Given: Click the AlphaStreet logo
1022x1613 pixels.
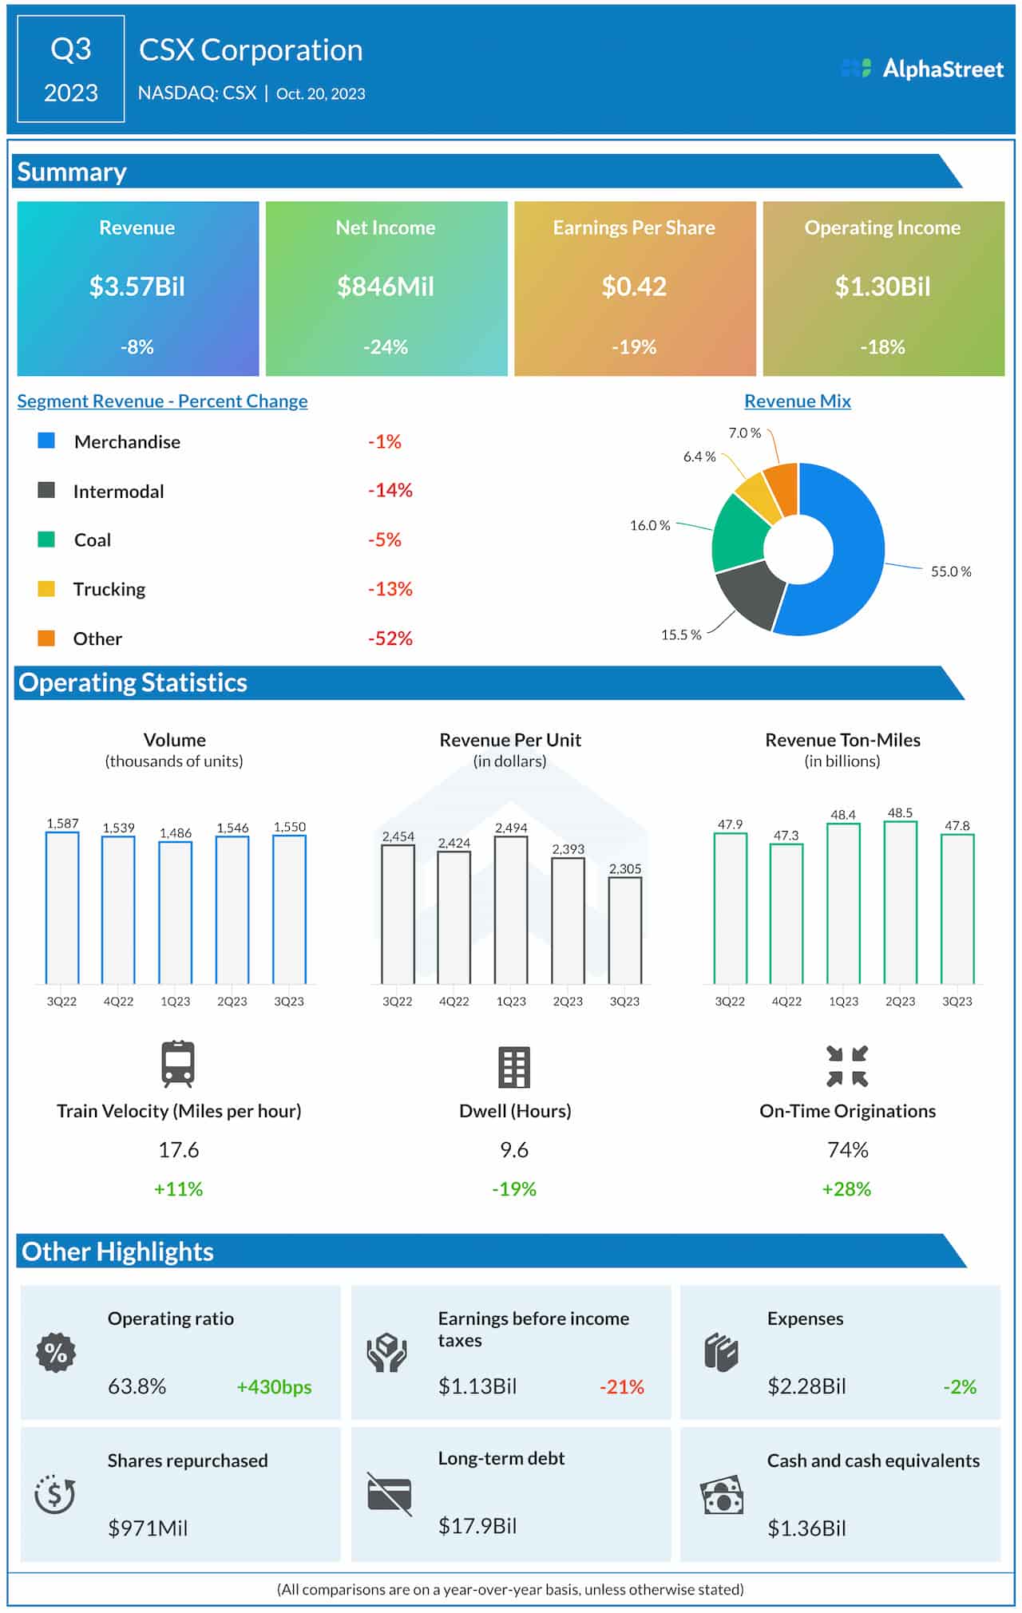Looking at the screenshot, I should (x=922, y=69).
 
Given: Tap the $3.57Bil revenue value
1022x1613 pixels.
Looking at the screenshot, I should (x=137, y=287).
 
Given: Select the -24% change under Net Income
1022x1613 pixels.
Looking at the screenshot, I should (x=385, y=347).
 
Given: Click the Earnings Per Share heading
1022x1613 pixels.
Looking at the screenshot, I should (x=634, y=227).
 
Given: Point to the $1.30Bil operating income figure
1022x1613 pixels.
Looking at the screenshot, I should (x=882, y=287).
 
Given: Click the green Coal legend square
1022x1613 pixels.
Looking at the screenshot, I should (x=46, y=540).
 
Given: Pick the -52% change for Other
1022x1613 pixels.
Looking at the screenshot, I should (x=390, y=638).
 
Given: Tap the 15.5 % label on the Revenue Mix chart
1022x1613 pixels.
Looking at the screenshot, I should (x=680, y=635).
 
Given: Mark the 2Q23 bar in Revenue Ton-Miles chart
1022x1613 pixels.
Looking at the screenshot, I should (x=900, y=902).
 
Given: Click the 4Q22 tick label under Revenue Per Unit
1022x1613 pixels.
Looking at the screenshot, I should (x=454, y=1002).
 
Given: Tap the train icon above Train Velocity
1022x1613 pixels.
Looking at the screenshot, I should (x=177, y=1064).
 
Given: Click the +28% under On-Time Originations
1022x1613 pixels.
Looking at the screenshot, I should (x=846, y=1189).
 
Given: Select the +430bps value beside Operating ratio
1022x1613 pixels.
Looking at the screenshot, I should (x=274, y=1387).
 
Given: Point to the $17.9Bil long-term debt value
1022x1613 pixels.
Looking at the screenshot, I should (x=477, y=1526).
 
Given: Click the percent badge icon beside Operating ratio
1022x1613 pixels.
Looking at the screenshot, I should (x=56, y=1353).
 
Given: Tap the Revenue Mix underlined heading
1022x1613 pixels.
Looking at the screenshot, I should (x=797, y=401).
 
